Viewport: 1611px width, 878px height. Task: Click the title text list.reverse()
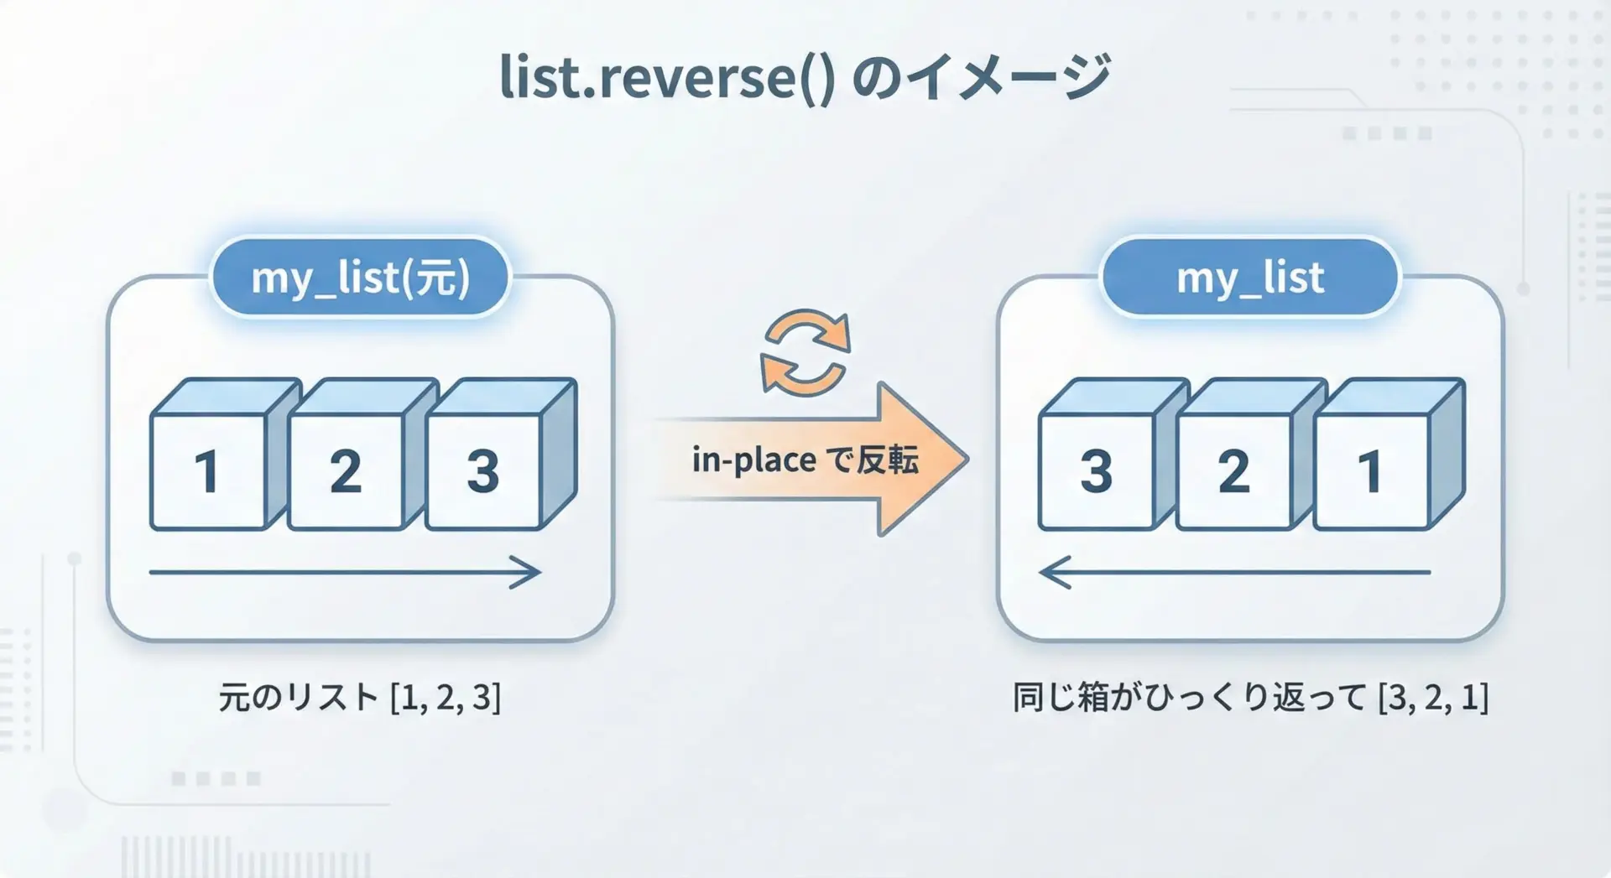667,77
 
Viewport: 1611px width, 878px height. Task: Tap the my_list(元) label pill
361,278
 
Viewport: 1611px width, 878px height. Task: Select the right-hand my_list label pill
1250,278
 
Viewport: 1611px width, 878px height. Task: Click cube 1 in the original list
225,455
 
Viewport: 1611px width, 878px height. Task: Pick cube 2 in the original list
362,455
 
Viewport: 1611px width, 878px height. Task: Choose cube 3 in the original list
501,455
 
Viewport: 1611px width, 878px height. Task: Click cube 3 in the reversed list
1113,455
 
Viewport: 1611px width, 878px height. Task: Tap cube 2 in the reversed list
1251,455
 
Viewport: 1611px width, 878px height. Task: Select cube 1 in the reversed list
1389,455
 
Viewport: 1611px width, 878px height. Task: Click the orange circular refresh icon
805,352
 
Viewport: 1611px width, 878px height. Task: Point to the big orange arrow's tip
969,460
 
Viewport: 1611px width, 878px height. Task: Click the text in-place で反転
805,460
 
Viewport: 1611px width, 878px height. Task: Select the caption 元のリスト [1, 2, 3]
360,698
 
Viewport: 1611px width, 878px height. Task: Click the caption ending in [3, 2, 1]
1250,698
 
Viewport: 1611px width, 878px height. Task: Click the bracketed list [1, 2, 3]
446,698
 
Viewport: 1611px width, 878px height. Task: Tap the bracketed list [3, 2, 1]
1433,698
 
